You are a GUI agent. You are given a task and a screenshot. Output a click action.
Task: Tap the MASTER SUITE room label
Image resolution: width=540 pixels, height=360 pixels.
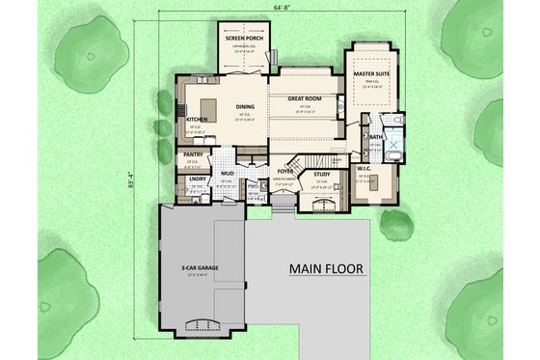pos(370,72)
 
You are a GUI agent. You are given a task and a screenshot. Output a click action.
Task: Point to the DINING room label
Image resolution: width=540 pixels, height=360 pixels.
pos(245,107)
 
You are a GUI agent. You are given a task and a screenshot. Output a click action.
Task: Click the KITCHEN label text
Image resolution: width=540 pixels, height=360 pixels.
pos(197,120)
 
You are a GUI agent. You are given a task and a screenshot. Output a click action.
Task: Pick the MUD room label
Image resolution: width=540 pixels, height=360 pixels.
pos(227,175)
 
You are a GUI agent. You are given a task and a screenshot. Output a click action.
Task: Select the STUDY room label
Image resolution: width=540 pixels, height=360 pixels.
pos(322,175)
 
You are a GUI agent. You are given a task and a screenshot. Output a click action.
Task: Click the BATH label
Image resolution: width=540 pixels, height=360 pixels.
pos(376,138)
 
